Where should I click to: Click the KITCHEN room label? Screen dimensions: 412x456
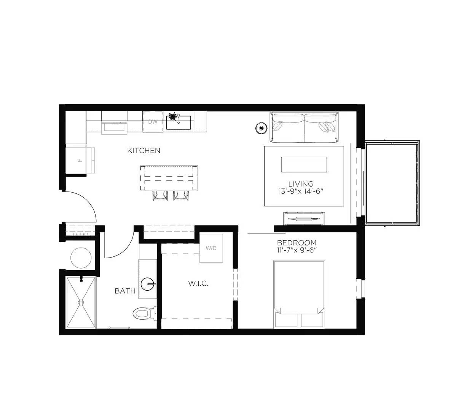click(143, 151)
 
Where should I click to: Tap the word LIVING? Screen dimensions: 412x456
click(301, 184)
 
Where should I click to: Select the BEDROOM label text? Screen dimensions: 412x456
click(297, 243)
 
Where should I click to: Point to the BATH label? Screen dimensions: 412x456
click(125, 291)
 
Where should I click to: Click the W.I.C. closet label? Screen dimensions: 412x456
click(198, 284)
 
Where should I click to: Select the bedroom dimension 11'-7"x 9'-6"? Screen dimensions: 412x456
click(297, 250)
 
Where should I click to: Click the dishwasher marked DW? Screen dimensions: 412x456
click(153, 122)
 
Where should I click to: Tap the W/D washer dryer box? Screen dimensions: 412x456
click(211, 248)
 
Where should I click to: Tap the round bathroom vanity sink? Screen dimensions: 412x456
click(148, 284)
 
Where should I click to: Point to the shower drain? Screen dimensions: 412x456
click(81, 302)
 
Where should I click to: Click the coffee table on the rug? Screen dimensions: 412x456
click(304, 164)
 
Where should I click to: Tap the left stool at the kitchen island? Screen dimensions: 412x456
click(160, 195)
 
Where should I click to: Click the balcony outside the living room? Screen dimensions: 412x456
click(392, 183)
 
